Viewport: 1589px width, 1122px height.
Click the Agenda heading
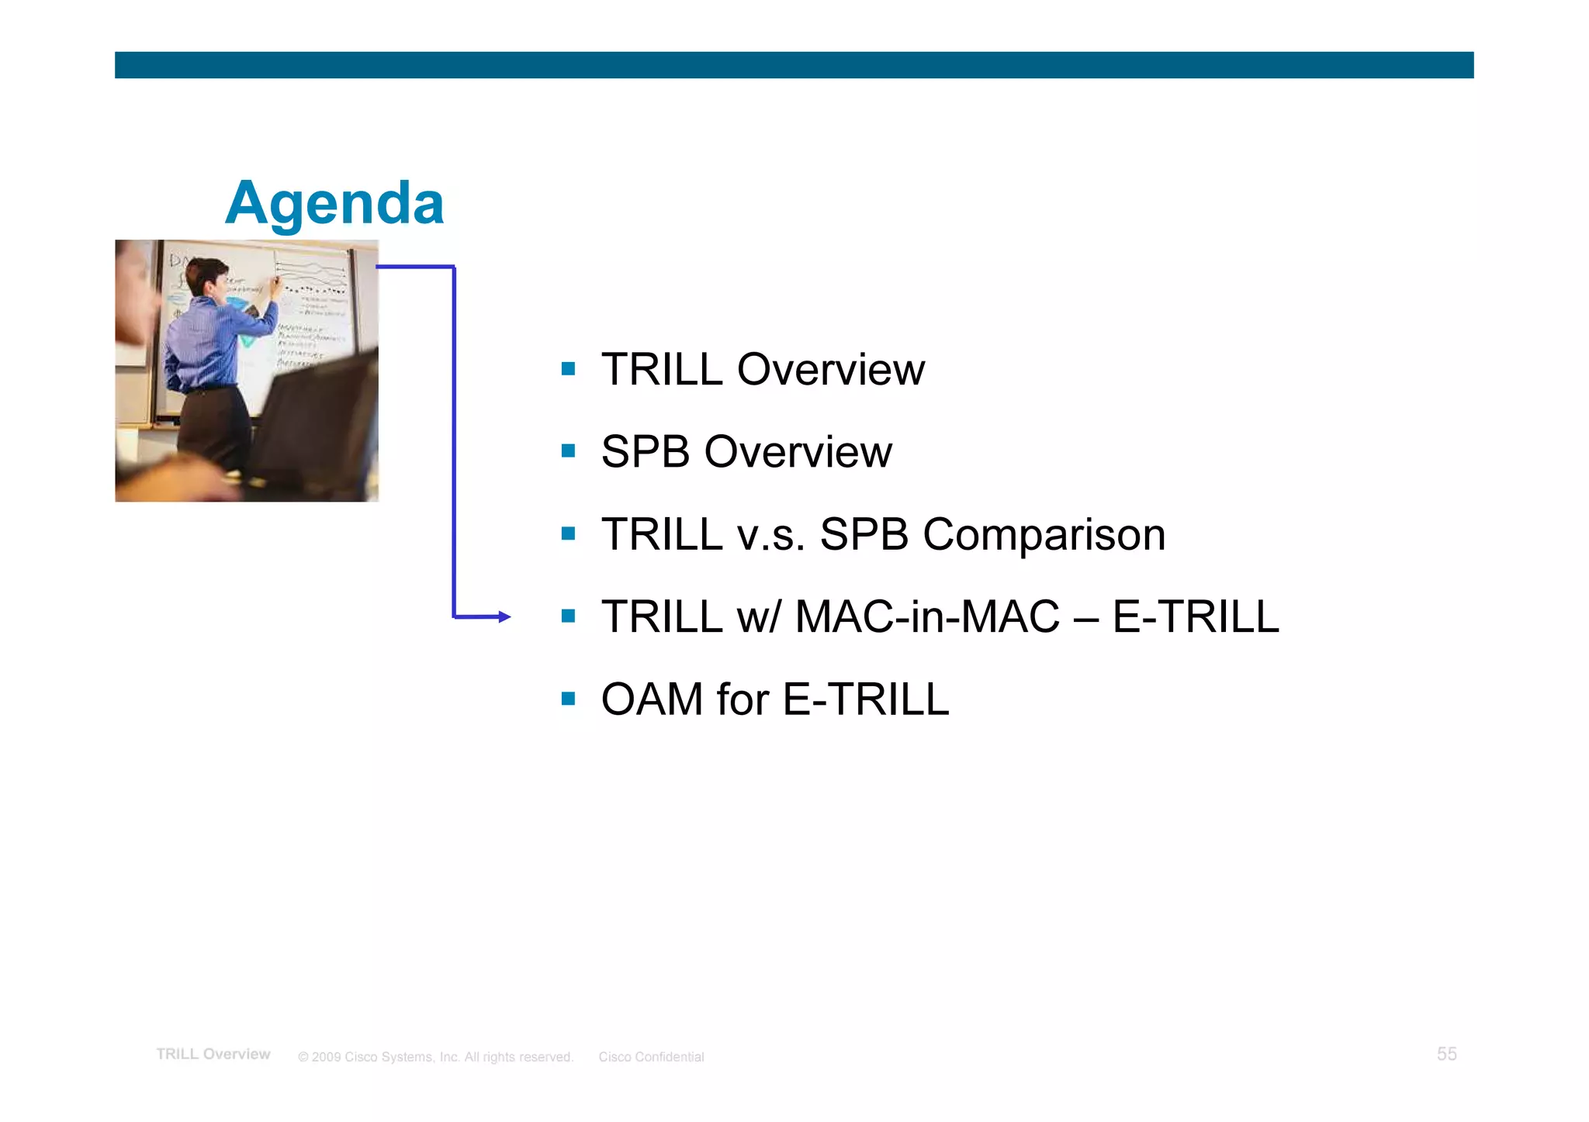(x=334, y=203)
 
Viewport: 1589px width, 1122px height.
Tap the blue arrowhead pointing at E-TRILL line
(x=505, y=617)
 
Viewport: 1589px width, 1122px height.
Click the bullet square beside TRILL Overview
(x=568, y=369)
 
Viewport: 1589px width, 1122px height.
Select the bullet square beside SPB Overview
(x=568, y=451)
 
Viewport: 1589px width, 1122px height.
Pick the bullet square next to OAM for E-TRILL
(x=568, y=699)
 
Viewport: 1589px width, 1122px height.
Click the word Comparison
(x=1044, y=535)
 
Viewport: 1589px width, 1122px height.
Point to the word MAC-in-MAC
(x=927, y=617)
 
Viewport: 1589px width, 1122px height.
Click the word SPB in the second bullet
(x=646, y=452)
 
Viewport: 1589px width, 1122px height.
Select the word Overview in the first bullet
(x=830, y=369)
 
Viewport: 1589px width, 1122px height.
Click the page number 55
(x=1446, y=1054)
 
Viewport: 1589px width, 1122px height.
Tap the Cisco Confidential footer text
(x=651, y=1057)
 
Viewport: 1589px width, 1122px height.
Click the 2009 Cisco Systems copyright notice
(x=435, y=1057)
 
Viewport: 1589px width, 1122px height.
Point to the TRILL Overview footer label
(x=213, y=1055)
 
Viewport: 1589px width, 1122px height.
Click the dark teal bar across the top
(x=794, y=65)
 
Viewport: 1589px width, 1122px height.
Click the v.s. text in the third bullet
(x=770, y=535)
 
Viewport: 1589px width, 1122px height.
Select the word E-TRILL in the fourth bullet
(x=1195, y=617)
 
